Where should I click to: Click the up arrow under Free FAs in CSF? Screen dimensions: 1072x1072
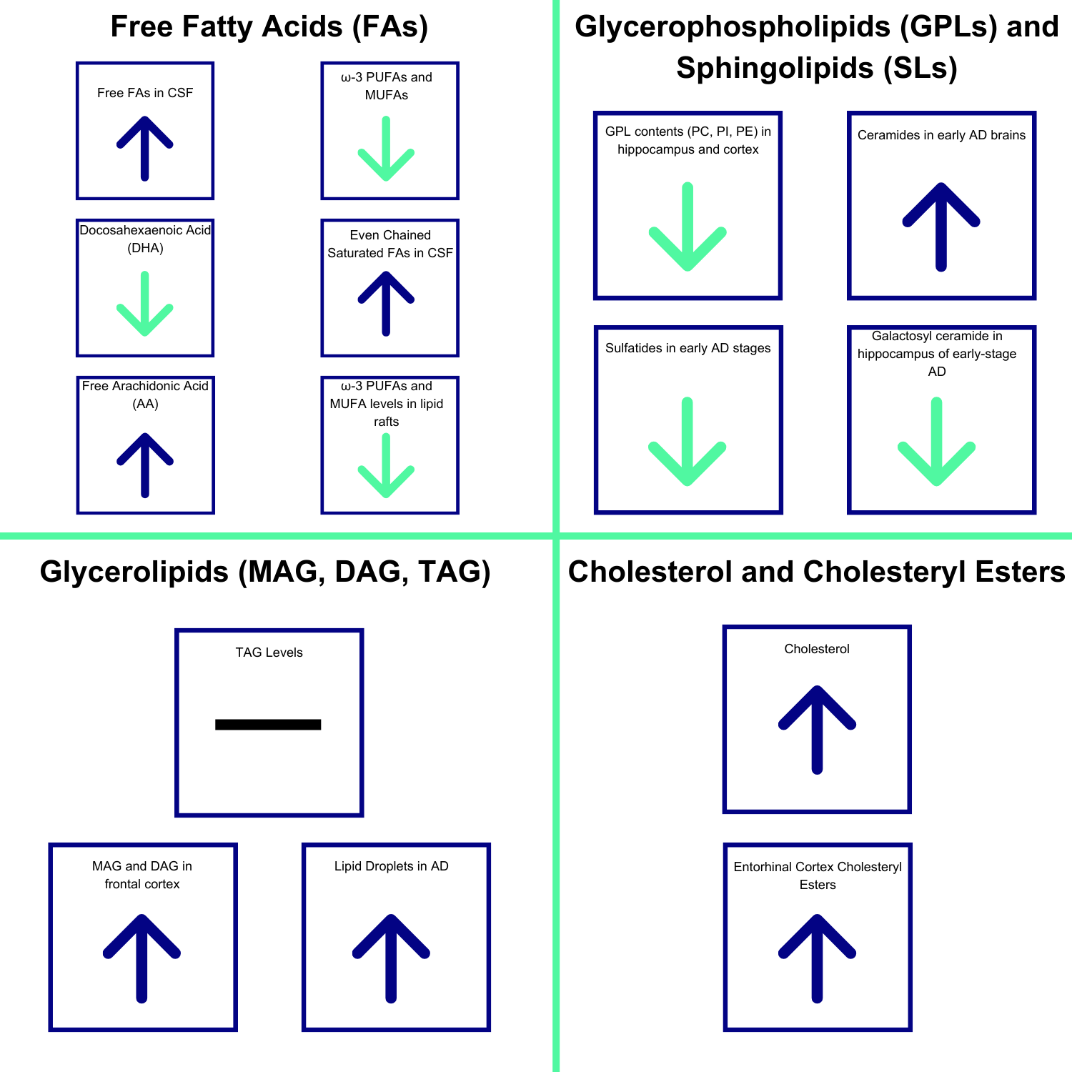(145, 148)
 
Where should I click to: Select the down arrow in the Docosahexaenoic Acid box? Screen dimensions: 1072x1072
(145, 304)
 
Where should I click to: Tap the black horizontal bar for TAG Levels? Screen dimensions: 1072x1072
(268, 725)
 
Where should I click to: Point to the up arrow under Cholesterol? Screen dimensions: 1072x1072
(817, 729)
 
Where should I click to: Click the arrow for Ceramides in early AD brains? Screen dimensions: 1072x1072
(941, 227)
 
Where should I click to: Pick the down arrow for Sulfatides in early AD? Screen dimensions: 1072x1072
(688, 441)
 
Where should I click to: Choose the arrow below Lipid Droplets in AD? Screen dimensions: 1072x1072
(391, 958)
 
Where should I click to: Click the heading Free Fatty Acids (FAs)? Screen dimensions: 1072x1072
(269, 27)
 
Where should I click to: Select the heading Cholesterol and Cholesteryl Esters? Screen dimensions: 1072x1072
(816, 572)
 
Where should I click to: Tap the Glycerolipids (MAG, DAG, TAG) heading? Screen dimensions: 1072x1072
(265, 572)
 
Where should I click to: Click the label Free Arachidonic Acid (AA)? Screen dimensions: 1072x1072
(145, 394)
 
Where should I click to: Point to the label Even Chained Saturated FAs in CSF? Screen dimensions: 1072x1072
(390, 244)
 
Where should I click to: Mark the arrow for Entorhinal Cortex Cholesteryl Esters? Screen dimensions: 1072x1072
(817, 958)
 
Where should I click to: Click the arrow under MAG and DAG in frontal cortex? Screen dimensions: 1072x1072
(142, 958)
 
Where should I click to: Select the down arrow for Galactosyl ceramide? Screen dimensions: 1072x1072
(936, 441)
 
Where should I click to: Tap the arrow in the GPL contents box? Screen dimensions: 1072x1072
(688, 227)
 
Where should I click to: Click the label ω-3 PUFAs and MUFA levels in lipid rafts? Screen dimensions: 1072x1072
(387, 404)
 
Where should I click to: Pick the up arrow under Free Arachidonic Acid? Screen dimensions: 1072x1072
(145, 465)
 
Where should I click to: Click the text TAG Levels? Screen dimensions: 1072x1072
(269, 652)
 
